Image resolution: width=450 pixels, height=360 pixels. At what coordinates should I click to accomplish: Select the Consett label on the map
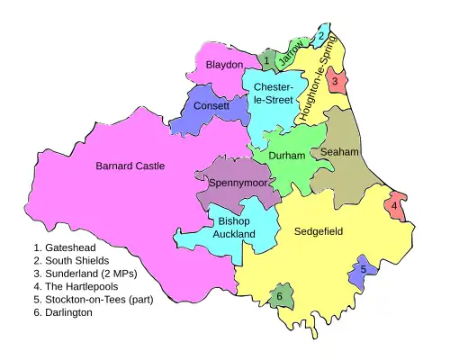pos(211,106)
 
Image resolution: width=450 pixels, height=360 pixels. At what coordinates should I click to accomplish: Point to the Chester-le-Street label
pos(273,94)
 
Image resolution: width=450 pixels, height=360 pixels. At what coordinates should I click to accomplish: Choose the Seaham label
pos(339,153)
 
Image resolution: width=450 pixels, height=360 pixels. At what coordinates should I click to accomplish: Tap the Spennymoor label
pos(233,183)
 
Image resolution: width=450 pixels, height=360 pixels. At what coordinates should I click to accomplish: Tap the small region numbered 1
pos(266,61)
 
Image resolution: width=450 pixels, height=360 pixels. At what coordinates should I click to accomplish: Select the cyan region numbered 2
pos(321,36)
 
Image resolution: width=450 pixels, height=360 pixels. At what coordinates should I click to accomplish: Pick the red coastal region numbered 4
pos(394,206)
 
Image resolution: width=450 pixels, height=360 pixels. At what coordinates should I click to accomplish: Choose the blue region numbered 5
pos(363,268)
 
